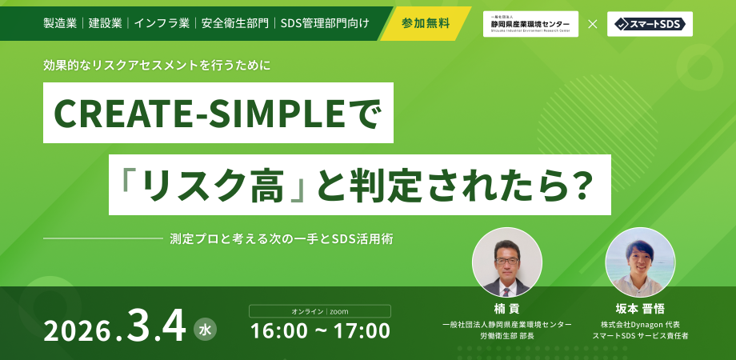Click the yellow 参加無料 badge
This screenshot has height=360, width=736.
[426, 23]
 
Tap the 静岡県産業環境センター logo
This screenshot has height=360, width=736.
[530, 24]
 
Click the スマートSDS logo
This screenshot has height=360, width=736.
[650, 24]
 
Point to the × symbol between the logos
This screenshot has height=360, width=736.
[593, 24]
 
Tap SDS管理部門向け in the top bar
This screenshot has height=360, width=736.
[325, 23]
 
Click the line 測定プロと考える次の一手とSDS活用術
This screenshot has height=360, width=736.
[281, 238]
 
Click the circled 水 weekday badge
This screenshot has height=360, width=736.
[205, 328]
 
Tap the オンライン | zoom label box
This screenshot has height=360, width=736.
[320, 311]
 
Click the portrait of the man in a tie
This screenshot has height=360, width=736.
[507, 263]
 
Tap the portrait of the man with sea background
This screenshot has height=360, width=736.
[640, 263]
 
